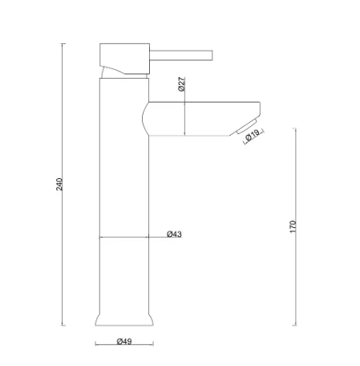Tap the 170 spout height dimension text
(293, 226)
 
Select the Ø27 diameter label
(182, 84)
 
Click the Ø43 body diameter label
(174, 234)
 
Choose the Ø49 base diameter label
(123, 342)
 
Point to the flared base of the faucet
(123, 318)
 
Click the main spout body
(200, 118)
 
